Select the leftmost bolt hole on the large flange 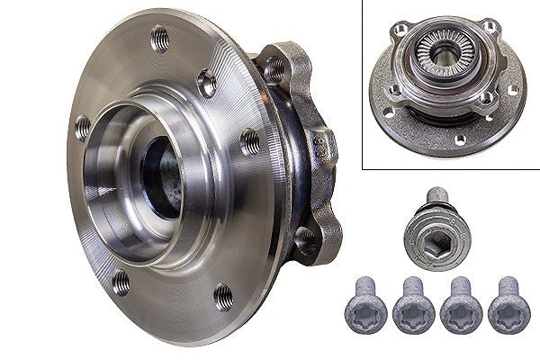click(82, 126)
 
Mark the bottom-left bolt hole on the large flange click(121, 283)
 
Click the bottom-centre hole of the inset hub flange click(457, 139)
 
